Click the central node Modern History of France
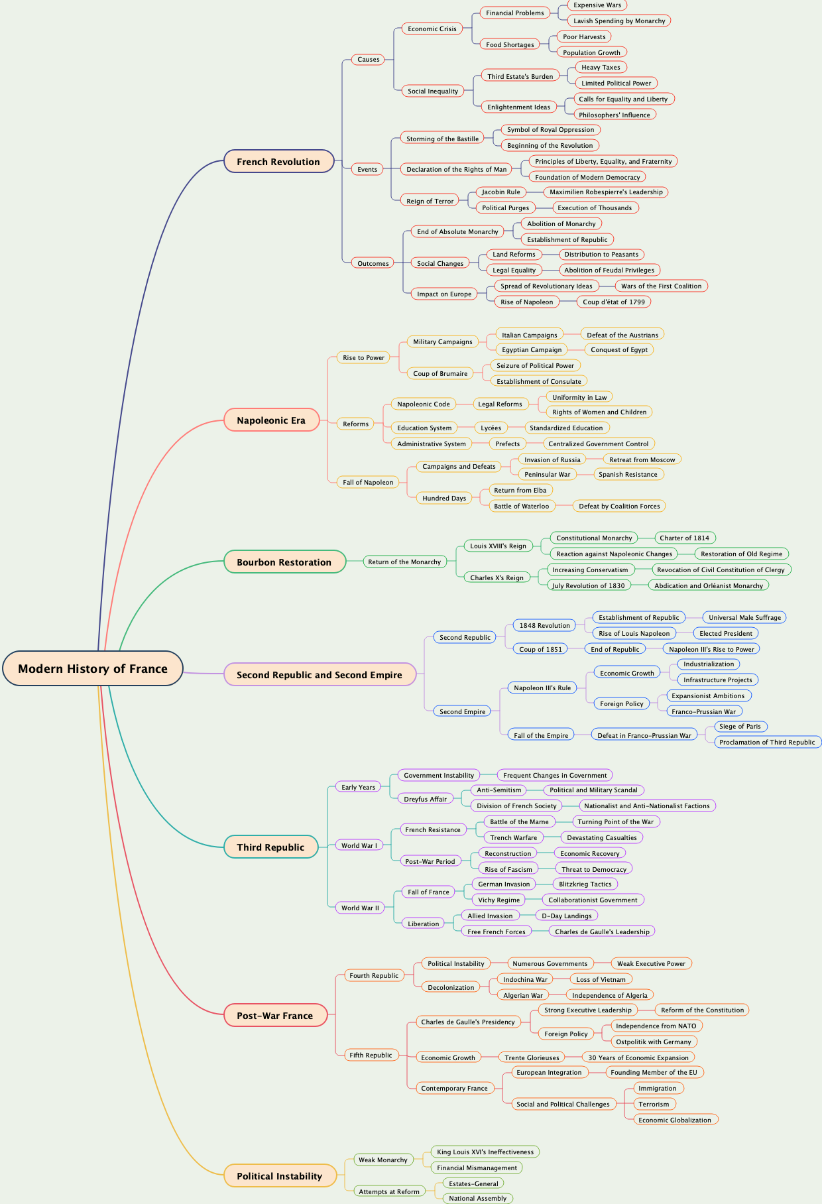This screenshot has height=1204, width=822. tap(93, 668)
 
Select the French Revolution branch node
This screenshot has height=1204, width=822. tap(278, 162)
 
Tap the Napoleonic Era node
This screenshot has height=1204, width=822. tap(271, 420)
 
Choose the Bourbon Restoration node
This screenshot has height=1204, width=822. tap(284, 562)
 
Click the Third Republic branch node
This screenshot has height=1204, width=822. tap(270, 847)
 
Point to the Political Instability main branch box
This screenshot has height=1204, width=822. tap(279, 1176)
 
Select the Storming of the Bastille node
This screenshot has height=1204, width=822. tap(442, 139)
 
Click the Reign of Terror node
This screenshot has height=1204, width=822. tap(430, 201)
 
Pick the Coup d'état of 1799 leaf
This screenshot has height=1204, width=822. tap(614, 302)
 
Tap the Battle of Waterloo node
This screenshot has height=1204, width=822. tap(522, 506)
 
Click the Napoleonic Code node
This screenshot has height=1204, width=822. tap(424, 404)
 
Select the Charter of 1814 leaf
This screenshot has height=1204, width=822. tap(684, 538)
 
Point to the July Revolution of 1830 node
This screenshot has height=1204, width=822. tap(588, 585)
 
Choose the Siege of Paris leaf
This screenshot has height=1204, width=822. tap(740, 726)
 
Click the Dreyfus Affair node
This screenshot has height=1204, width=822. tap(426, 799)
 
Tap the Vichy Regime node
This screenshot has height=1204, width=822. tap(499, 900)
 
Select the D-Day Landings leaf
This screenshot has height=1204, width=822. tap(567, 916)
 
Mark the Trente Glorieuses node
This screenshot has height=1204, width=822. tap(532, 1057)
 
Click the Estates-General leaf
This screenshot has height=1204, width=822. tap(473, 1183)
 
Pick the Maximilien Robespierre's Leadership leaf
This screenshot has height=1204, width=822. tap(606, 192)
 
